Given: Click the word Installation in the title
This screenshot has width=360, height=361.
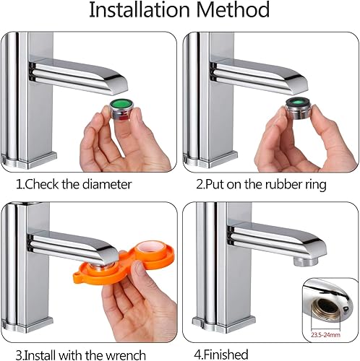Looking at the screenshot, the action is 140,10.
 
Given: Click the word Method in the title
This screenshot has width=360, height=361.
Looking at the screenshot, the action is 233,10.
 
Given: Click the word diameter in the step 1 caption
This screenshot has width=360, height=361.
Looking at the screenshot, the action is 107,185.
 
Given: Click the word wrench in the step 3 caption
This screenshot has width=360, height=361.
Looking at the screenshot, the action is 126,355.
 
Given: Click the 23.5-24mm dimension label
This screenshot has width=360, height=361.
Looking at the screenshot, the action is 325,335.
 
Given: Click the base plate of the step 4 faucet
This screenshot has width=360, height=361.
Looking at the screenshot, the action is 224,323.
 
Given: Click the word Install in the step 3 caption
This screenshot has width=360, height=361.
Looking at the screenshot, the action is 41,355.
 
